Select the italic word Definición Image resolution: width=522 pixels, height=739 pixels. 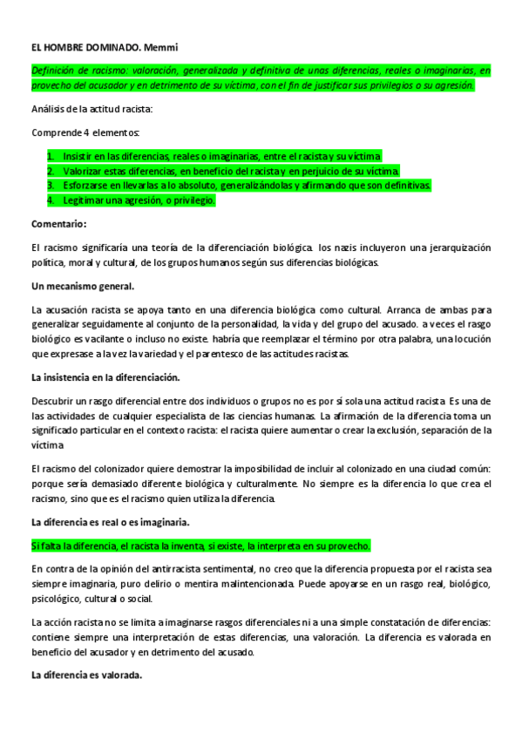pos(54,69)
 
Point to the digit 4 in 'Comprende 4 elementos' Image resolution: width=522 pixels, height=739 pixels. pos(85,132)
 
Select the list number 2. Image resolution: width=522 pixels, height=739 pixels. pos(51,171)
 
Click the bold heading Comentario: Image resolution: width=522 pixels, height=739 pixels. pos(59,224)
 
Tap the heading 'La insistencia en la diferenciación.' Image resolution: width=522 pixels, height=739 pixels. pos(105,377)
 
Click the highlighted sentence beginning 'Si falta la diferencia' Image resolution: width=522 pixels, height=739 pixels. pos(200,546)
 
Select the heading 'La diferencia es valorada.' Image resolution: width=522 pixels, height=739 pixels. pos(86,675)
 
